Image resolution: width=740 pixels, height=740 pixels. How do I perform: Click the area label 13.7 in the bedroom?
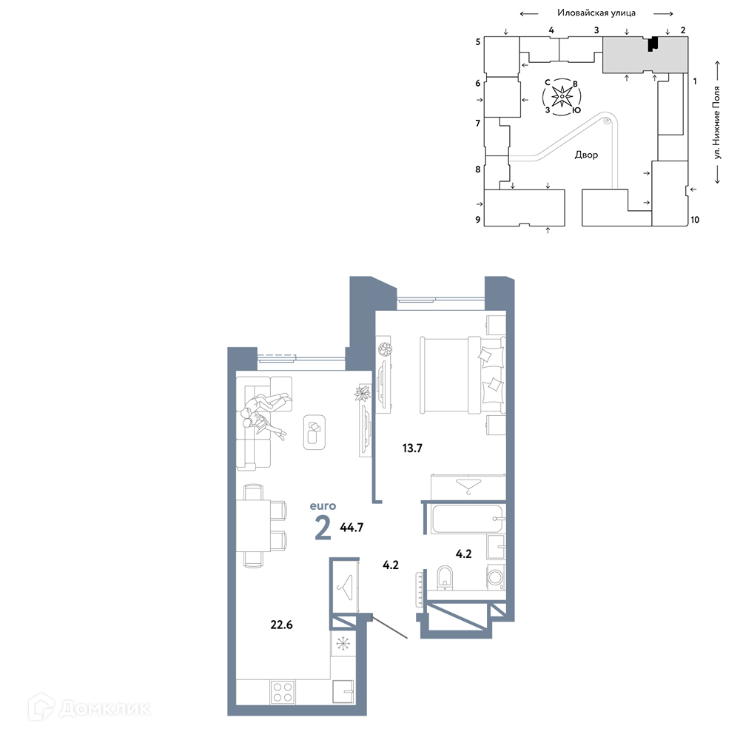[x=412, y=448]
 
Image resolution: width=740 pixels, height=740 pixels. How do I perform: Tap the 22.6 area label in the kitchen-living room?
[x=281, y=625]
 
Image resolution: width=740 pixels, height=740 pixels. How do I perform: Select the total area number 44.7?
[x=351, y=527]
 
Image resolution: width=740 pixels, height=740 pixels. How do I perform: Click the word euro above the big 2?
[x=323, y=506]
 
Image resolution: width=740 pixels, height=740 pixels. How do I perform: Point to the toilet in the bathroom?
[x=445, y=578]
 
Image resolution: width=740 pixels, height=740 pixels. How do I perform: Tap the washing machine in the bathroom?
[x=495, y=576]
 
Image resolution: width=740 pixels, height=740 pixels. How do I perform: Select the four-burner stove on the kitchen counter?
[x=283, y=693]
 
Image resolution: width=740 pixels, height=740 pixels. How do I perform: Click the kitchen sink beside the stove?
[x=343, y=691]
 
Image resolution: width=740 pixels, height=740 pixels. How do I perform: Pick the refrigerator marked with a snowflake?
[x=343, y=643]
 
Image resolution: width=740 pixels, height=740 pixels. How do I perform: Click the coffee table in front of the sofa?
[x=314, y=432]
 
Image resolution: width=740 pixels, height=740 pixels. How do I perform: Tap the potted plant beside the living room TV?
[x=363, y=393]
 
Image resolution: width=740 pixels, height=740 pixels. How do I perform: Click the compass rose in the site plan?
[x=562, y=97]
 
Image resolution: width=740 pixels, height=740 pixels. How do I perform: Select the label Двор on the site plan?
[x=586, y=155]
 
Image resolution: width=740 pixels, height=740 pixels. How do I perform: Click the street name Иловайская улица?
[x=596, y=13]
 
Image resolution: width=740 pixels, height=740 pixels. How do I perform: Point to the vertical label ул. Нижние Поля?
[x=717, y=122]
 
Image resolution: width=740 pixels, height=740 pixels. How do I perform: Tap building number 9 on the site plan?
[x=477, y=220]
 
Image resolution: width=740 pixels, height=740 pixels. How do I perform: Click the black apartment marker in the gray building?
[x=653, y=44]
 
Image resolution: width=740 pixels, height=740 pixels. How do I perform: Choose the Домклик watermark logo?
[x=89, y=707]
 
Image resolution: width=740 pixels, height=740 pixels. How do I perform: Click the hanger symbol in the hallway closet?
[x=345, y=588]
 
